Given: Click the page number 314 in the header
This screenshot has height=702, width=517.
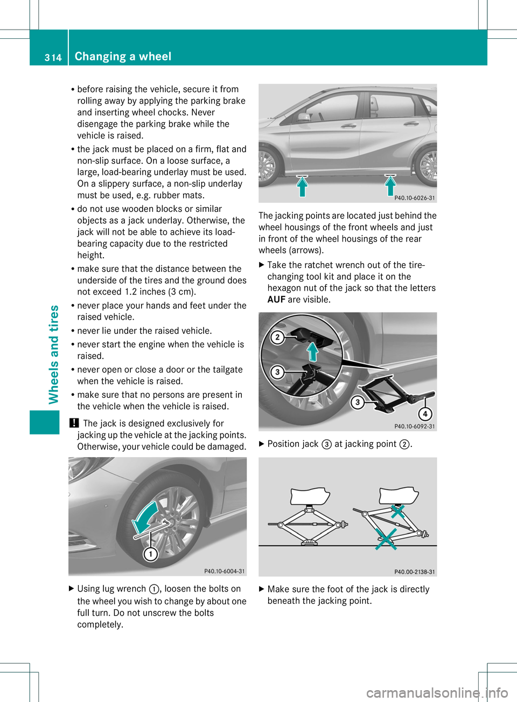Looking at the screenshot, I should (53, 57).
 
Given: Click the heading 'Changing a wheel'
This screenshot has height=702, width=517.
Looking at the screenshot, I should (123, 57).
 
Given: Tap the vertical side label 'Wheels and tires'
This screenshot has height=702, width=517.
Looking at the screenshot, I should (54, 354).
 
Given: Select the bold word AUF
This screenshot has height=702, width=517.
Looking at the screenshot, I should (276, 300).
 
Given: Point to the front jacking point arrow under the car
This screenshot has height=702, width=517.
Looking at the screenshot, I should (303, 186).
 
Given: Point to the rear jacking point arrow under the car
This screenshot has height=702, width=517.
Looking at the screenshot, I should (390, 185).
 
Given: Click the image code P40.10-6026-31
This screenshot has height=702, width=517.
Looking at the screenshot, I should (414, 198).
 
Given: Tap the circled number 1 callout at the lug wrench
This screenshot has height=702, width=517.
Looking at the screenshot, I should (150, 554).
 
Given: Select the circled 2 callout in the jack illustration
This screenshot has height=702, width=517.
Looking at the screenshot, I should (277, 338).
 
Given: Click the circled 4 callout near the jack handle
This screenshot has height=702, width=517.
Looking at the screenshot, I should (425, 414).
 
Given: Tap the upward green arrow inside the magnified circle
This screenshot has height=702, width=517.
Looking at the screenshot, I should (312, 351).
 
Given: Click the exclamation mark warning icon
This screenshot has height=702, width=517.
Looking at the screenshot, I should (73, 423).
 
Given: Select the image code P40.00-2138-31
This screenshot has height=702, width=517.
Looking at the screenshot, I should (414, 572).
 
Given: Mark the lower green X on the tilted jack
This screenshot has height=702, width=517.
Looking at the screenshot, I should (386, 538).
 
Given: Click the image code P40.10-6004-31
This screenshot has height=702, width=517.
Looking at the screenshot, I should (224, 571).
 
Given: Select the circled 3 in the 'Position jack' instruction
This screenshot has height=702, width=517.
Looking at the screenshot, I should (326, 444).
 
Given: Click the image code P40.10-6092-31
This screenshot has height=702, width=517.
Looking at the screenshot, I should (414, 426).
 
